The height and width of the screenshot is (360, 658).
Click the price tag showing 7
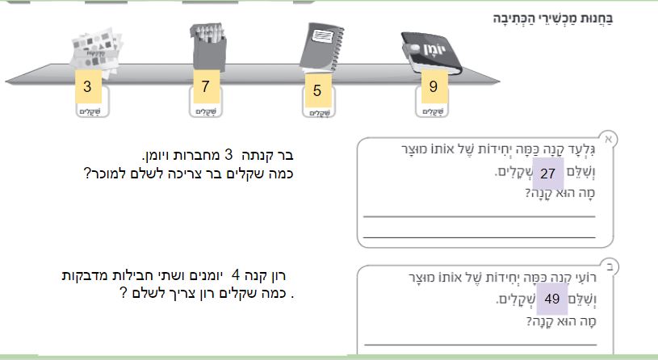point(205,86)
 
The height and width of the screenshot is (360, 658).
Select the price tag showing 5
point(317,91)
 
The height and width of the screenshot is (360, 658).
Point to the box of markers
point(207,45)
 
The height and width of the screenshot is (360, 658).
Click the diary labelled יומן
point(433,52)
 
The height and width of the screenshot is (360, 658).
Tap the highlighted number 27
point(547,174)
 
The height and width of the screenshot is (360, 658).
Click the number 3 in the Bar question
point(228,154)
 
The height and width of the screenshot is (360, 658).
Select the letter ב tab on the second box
point(609,264)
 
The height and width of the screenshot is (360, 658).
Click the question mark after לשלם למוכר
point(86,173)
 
